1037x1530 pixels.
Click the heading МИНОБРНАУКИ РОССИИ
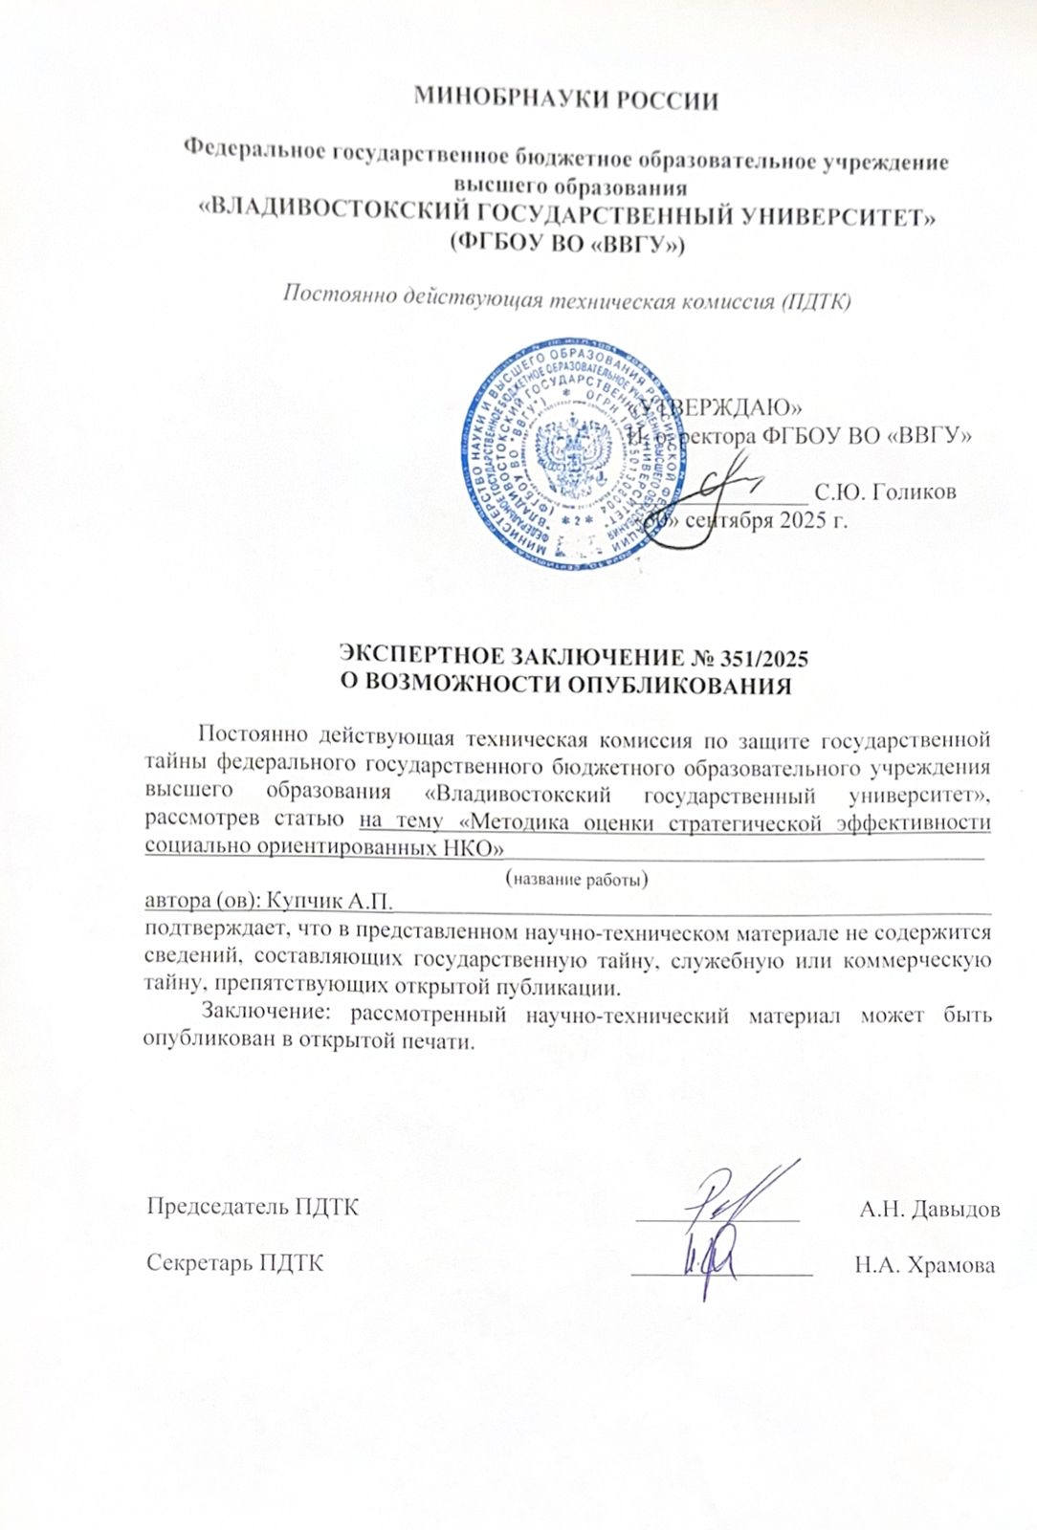[x=566, y=99]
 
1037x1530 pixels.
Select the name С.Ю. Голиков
[x=884, y=492]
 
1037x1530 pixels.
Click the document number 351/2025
[x=762, y=658]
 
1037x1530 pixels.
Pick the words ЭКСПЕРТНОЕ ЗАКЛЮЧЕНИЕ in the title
[x=511, y=658]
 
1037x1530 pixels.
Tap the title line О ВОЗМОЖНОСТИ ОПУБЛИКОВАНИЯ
[x=566, y=686]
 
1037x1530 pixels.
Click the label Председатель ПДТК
[x=253, y=1207]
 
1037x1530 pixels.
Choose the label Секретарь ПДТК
[x=235, y=1263]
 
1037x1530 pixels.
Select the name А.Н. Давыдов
[x=929, y=1209]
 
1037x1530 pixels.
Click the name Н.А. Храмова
[x=924, y=1265]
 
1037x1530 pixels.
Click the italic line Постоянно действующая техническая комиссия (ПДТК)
[x=566, y=299]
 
